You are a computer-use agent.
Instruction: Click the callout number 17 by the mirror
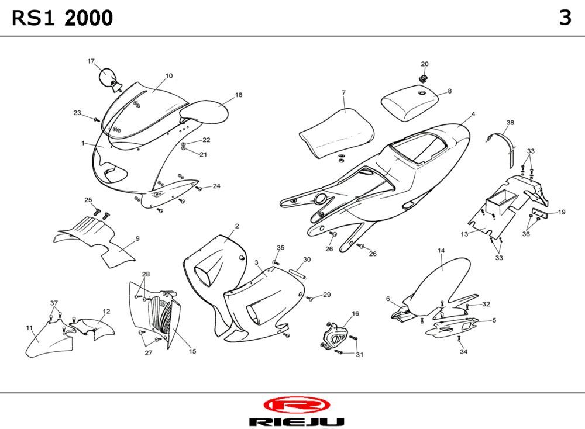91,61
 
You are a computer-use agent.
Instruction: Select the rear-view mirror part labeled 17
108,77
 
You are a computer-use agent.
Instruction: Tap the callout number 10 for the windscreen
169,75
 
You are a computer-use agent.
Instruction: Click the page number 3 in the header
565,18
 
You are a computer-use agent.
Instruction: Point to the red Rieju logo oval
297,405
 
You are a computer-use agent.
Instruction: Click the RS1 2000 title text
62,19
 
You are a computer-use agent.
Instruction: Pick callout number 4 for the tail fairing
473,114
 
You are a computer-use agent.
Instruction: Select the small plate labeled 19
540,213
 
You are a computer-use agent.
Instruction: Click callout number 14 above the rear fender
441,251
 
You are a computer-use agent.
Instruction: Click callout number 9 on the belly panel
137,238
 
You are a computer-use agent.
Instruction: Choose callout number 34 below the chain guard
463,352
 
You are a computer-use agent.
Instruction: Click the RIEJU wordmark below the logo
296,422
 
